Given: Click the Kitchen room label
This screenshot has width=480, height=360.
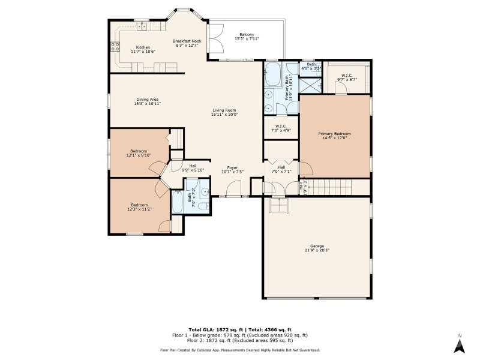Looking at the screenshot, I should coord(142,47).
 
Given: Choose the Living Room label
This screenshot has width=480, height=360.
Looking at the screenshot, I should coord(223,110).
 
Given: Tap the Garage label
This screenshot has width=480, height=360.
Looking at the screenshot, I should coord(317,246).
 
